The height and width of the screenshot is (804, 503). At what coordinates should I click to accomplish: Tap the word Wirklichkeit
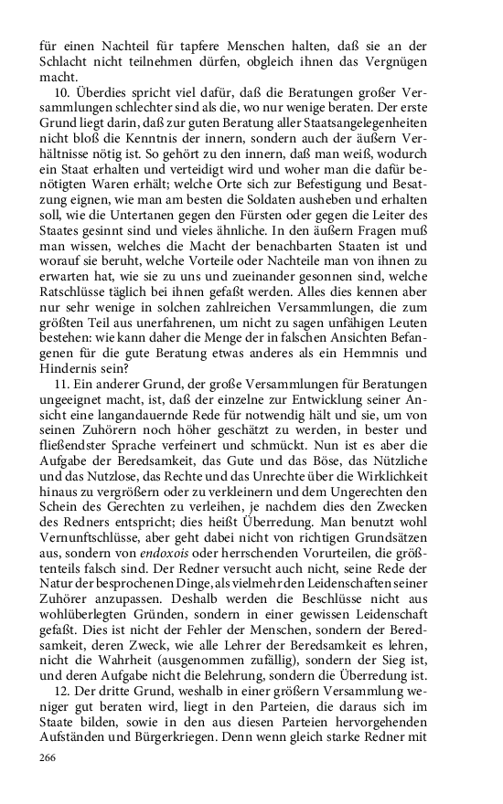(x=417, y=489)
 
